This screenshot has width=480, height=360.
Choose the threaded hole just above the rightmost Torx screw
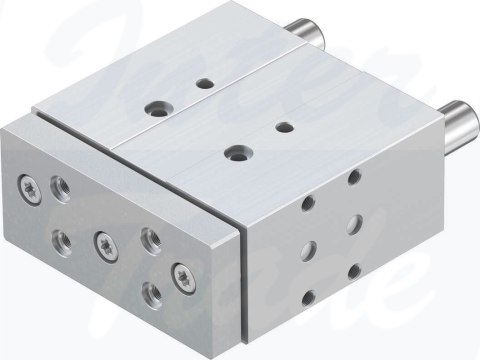[150, 238]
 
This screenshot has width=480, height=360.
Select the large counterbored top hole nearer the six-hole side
[237, 152]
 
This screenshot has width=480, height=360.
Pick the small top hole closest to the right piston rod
[284, 127]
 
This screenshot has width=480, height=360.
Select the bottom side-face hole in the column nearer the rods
[353, 267]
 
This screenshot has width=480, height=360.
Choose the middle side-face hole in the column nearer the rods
[354, 223]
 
